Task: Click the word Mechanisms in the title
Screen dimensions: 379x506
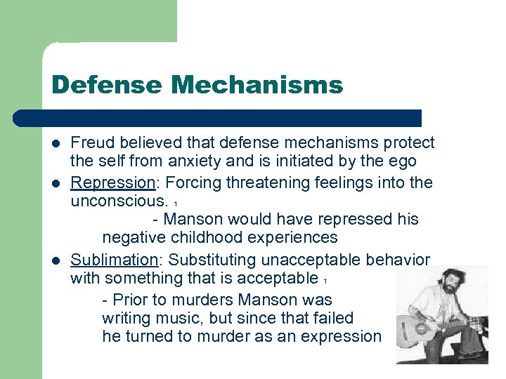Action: pos(257,86)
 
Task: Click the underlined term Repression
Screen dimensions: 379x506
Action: pos(112,182)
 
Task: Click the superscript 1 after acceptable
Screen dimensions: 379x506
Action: pos(326,281)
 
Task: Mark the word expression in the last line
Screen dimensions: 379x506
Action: pos(341,336)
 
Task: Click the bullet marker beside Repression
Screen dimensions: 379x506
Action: pos(56,183)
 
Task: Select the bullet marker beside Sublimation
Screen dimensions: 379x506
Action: pos(56,260)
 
